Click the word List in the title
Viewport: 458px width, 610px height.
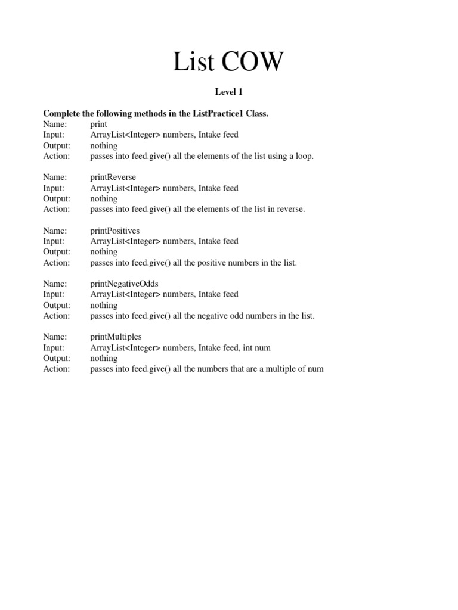click(192, 62)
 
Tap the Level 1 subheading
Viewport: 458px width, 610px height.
click(228, 92)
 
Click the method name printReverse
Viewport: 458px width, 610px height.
click(113, 177)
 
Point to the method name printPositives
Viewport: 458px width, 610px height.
click(114, 231)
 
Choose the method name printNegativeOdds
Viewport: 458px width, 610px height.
click(124, 284)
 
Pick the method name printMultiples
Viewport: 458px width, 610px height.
click(116, 337)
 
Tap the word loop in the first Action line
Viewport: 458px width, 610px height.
click(303, 156)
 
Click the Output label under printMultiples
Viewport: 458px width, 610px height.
click(57, 358)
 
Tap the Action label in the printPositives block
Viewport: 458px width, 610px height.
click(57, 263)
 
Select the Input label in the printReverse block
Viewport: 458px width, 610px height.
click(54, 188)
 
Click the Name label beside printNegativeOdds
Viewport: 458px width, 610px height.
click(55, 284)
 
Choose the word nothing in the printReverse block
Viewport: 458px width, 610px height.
click(104, 198)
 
